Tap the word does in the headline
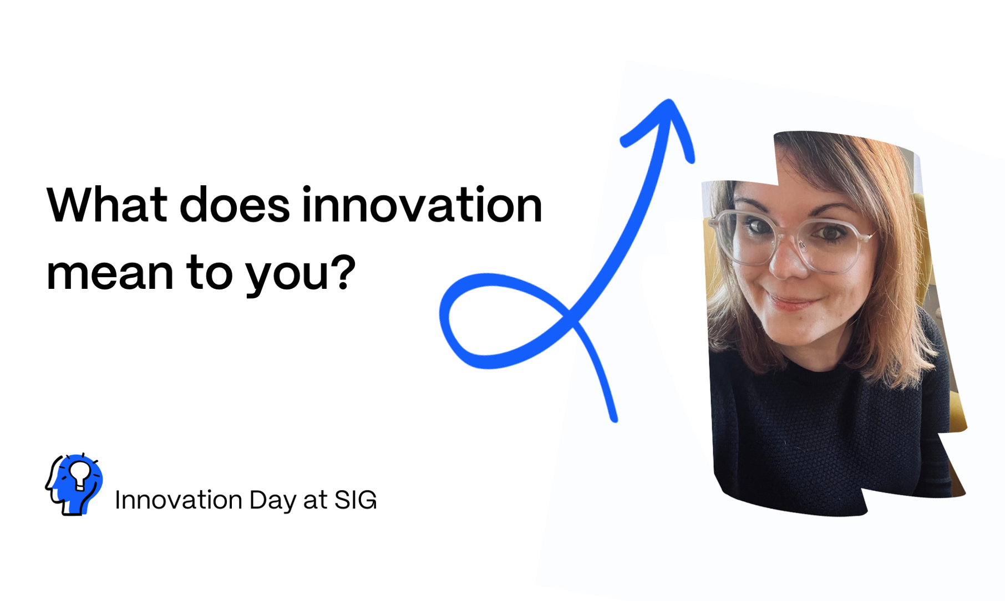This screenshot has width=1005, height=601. pyautogui.click(x=235, y=205)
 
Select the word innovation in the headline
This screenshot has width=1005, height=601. pyautogui.click(x=422, y=205)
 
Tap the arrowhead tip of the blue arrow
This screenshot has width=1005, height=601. pyautogui.click(x=670, y=101)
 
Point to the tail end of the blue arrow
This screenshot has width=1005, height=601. pyautogui.click(x=614, y=419)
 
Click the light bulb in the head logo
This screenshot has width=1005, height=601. pyautogui.click(x=79, y=475)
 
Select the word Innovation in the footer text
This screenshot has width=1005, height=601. pyautogui.click(x=179, y=500)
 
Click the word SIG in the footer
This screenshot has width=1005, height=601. pyautogui.click(x=355, y=500)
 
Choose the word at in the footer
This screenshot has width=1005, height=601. pyautogui.click(x=315, y=501)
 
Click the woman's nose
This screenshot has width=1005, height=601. pyautogui.click(x=789, y=261)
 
